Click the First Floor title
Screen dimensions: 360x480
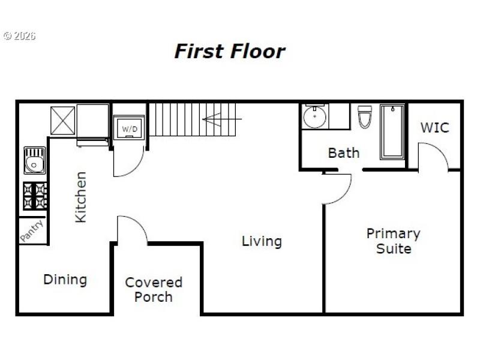229,51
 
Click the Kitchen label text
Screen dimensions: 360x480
80,197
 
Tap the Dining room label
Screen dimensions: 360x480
65,280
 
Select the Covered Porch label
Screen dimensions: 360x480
154,289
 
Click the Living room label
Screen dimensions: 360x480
262,241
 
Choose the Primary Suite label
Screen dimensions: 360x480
393,241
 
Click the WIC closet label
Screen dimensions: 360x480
434,128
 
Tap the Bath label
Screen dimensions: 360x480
344,153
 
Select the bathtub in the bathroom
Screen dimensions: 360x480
392,132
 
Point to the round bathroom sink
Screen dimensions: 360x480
314,116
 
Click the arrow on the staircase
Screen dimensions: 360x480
214,119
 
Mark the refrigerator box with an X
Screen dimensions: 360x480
62,120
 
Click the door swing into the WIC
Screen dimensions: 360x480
433,156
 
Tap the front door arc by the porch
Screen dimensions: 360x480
132,230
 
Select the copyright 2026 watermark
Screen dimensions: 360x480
19,36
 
